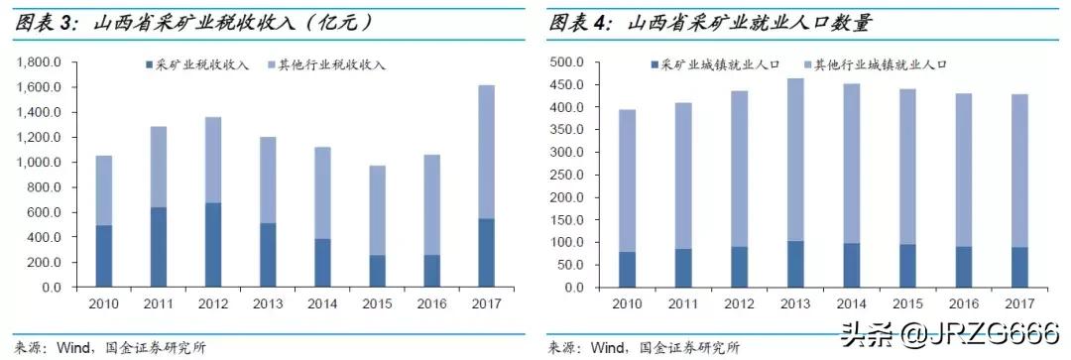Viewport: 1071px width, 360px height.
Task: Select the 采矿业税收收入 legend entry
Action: (x=188, y=65)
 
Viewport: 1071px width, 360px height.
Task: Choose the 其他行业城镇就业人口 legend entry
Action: (x=874, y=64)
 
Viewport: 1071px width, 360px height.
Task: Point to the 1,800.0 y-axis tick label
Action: (x=40, y=61)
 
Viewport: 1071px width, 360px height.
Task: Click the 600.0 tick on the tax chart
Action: (x=46, y=212)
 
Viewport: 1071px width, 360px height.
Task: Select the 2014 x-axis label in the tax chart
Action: (x=321, y=302)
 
